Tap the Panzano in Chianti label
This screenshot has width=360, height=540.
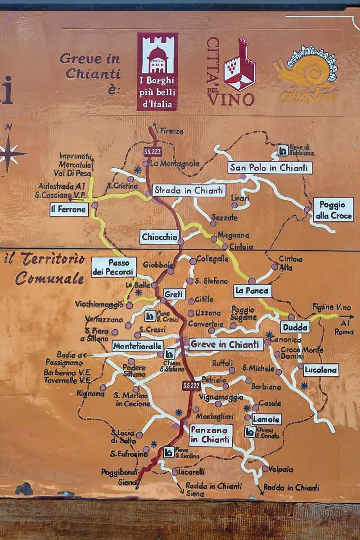click(211, 435)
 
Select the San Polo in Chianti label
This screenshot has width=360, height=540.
click(270, 168)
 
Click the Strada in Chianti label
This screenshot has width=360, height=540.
click(189, 190)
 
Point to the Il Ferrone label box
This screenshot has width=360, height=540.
click(69, 209)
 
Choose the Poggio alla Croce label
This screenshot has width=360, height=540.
click(333, 210)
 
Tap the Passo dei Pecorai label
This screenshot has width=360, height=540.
click(114, 267)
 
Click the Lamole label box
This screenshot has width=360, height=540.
click(266, 419)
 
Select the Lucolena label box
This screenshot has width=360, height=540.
click(321, 370)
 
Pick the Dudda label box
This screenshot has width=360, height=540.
click(295, 327)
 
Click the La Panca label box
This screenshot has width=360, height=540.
click(252, 291)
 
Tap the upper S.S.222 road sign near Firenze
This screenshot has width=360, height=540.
click(151, 151)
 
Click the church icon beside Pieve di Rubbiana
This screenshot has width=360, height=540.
click(283, 150)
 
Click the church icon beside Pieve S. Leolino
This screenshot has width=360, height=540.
click(169, 452)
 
